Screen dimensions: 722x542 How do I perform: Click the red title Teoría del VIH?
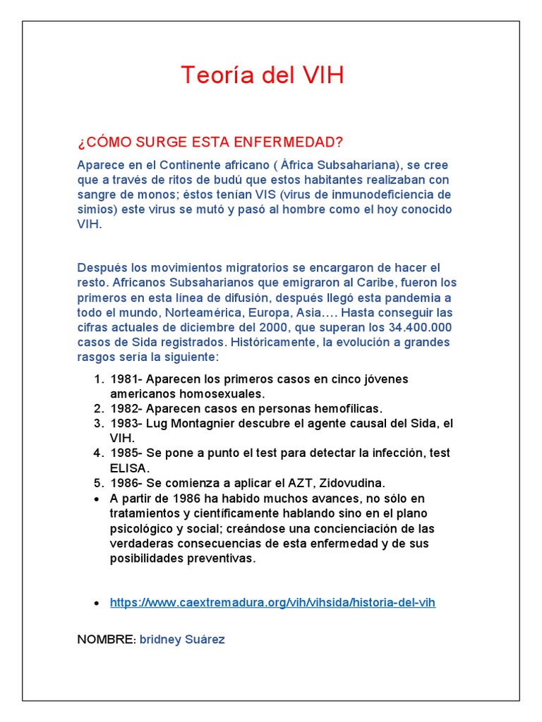click(x=263, y=75)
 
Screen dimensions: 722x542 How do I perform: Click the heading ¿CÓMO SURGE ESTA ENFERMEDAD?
click(x=210, y=142)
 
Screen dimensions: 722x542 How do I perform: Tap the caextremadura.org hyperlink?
click(x=272, y=603)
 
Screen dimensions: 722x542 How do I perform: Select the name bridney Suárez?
click(x=182, y=640)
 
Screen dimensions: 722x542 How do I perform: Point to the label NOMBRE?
click(x=105, y=640)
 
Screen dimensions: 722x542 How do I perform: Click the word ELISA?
click(x=129, y=467)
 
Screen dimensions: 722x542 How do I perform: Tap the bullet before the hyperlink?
click(x=97, y=604)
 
